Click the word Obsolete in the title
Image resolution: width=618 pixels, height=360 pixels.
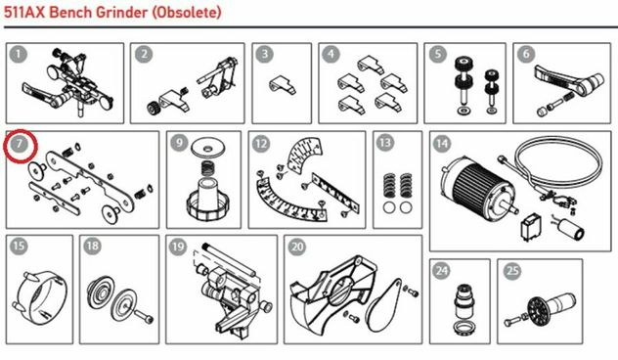(x=187, y=12)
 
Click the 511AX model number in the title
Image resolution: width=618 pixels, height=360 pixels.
(x=24, y=12)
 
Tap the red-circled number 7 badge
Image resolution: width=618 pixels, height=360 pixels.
(x=19, y=145)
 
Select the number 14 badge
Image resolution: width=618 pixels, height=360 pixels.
(x=442, y=144)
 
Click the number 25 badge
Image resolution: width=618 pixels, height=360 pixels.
(x=512, y=271)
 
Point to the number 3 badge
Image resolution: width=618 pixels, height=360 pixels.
(x=265, y=55)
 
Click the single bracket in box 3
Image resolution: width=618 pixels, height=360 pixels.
(x=283, y=85)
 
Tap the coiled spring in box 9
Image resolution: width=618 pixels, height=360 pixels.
(x=208, y=169)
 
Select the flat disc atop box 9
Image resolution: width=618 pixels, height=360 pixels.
(x=207, y=149)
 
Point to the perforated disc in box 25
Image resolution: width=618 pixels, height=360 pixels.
(x=539, y=310)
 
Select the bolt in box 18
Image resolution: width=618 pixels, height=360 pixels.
(x=144, y=316)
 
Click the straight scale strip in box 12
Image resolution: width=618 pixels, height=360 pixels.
(x=335, y=194)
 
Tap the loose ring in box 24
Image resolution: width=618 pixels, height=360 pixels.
(x=464, y=328)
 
